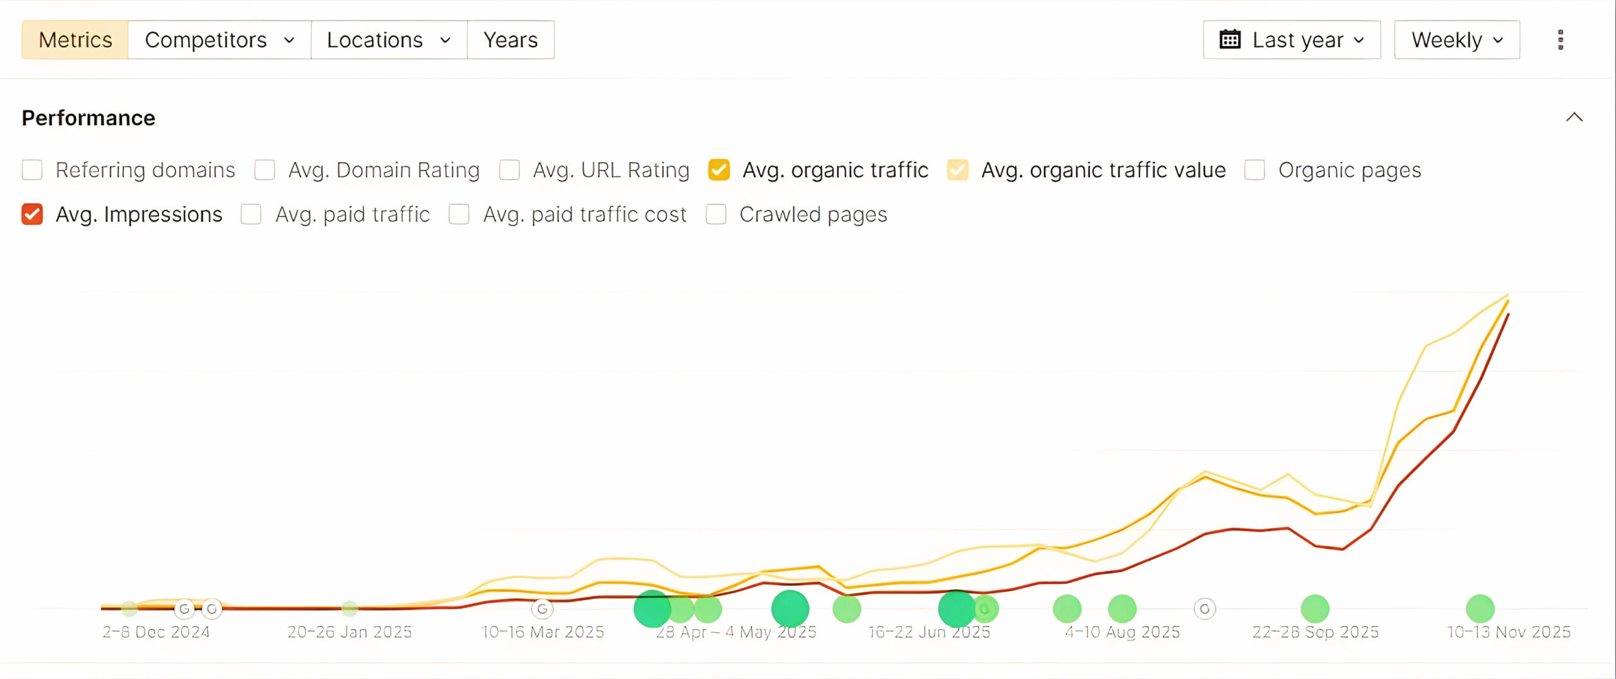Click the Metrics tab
pyautogui.click(x=75, y=40)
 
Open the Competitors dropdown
pyautogui.click(x=219, y=40)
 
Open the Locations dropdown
pyautogui.click(x=388, y=40)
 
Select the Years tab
pyautogui.click(x=510, y=40)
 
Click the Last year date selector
pyautogui.click(x=1292, y=40)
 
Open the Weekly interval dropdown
pyautogui.click(x=1456, y=40)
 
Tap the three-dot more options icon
pyautogui.click(x=1560, y=40)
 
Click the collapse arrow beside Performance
pyautogui.click(x=1574, y=117)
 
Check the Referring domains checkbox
pyautogui.click(x=32, y=170)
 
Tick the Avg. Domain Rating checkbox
pyautogui.click(x=264, y=170)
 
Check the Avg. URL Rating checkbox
pyautogui.click(x=509, y=170)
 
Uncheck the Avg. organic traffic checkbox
pyautogui.click(x=719, y=170)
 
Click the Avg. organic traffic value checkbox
pyautogui.click(x=958, y=170)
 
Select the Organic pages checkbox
pyautogui.click(x=1255, y=170)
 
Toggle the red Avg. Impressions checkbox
pyautogui.click(x=32, y=215)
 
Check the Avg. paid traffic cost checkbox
pyautogui.click(x=459, y=215)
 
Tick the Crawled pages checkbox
pyautogui.click(x=716, y=215)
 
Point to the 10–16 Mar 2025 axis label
pyautogui.click(x=542, y=632)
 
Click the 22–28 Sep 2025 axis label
pyautogui.click(x=1316, y=632)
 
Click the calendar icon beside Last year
pyautogui.click(x=1230, y=39)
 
